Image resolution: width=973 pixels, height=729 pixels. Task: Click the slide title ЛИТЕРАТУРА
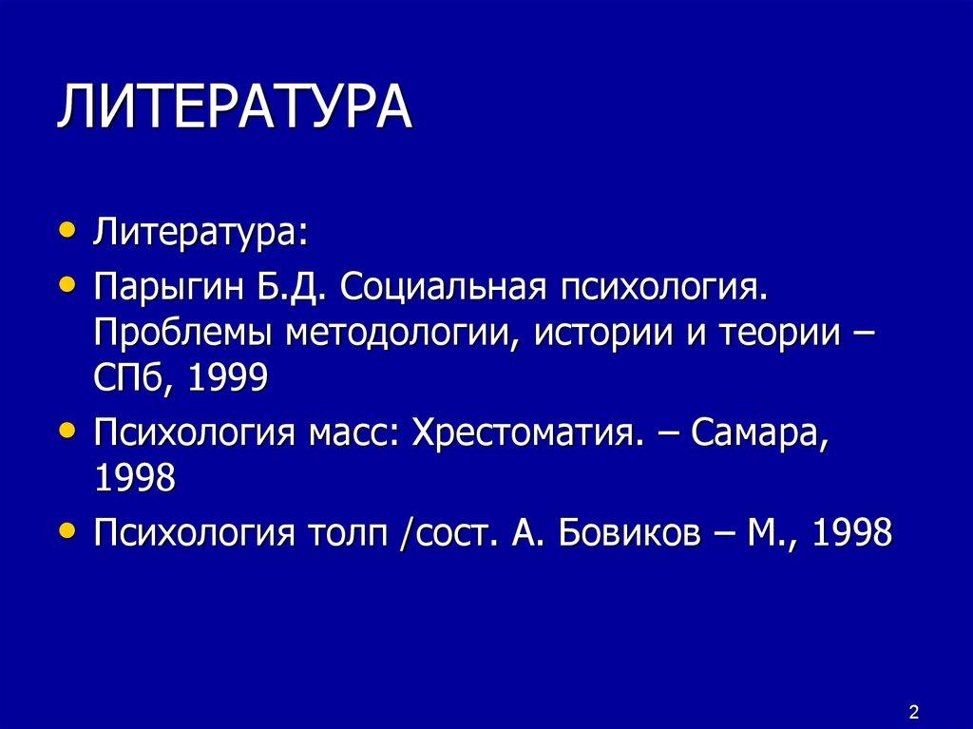click(234, 108)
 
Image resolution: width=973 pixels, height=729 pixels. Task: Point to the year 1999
click(228, 380)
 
